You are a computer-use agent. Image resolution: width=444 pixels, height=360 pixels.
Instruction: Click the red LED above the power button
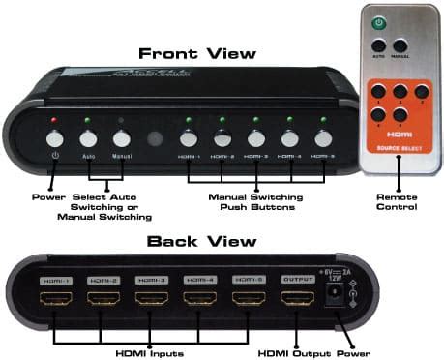pos(54,121)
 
